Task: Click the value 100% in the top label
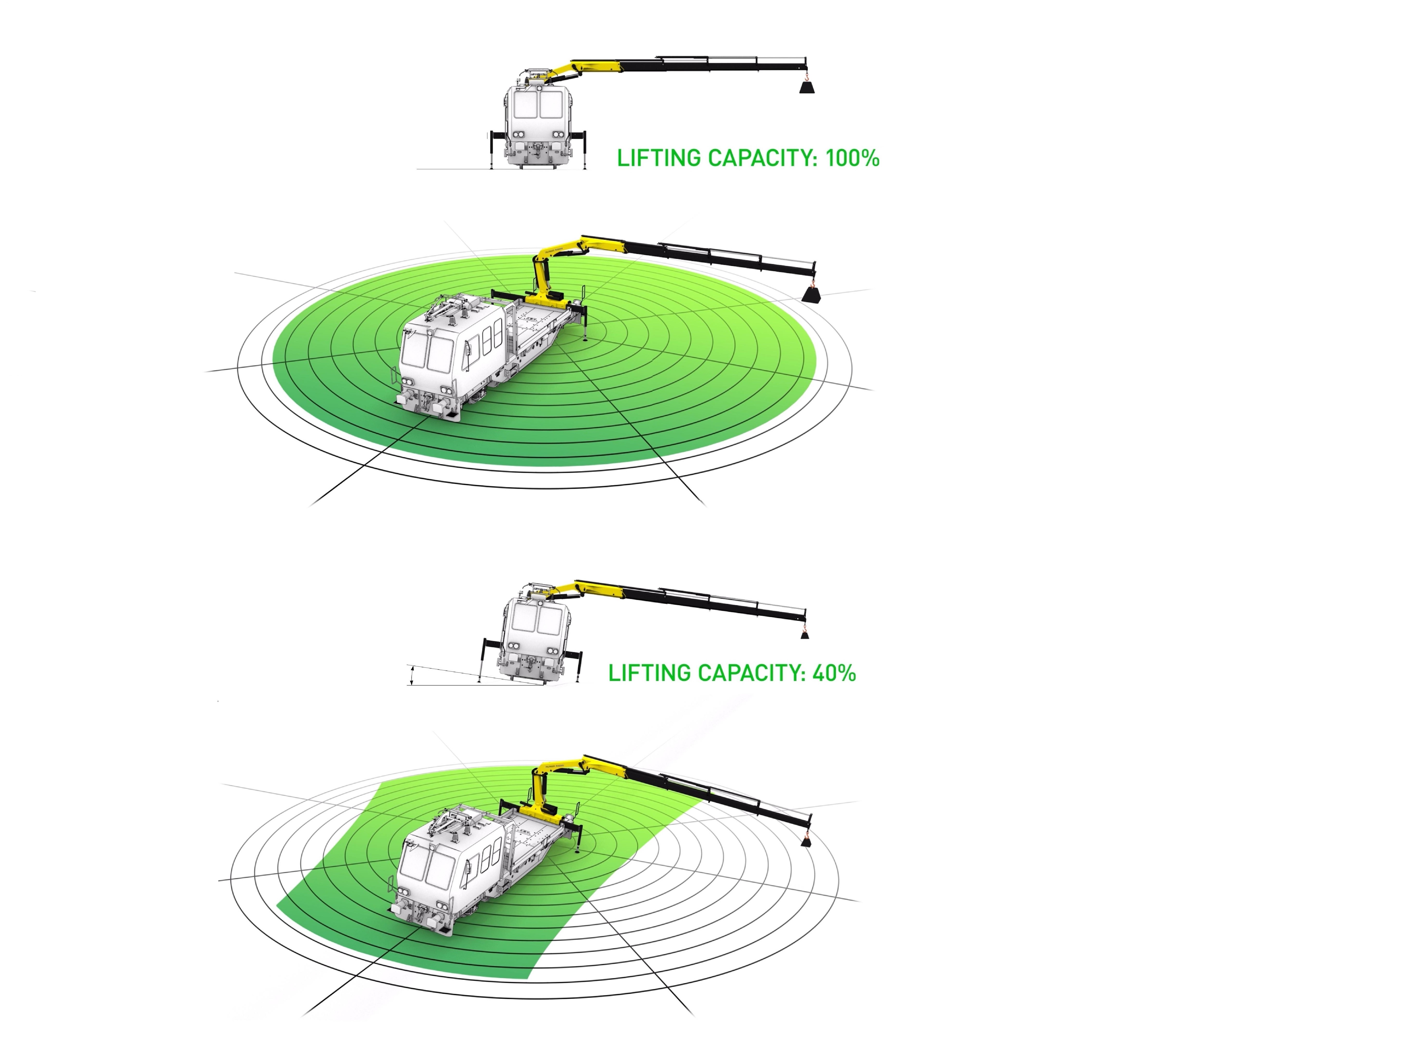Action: pyautogui.click(x=852, y=158)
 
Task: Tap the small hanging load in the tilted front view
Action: pyautogui.click(x=805, y=636)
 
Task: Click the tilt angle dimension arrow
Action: pyautogui.click(x=412, y=675)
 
